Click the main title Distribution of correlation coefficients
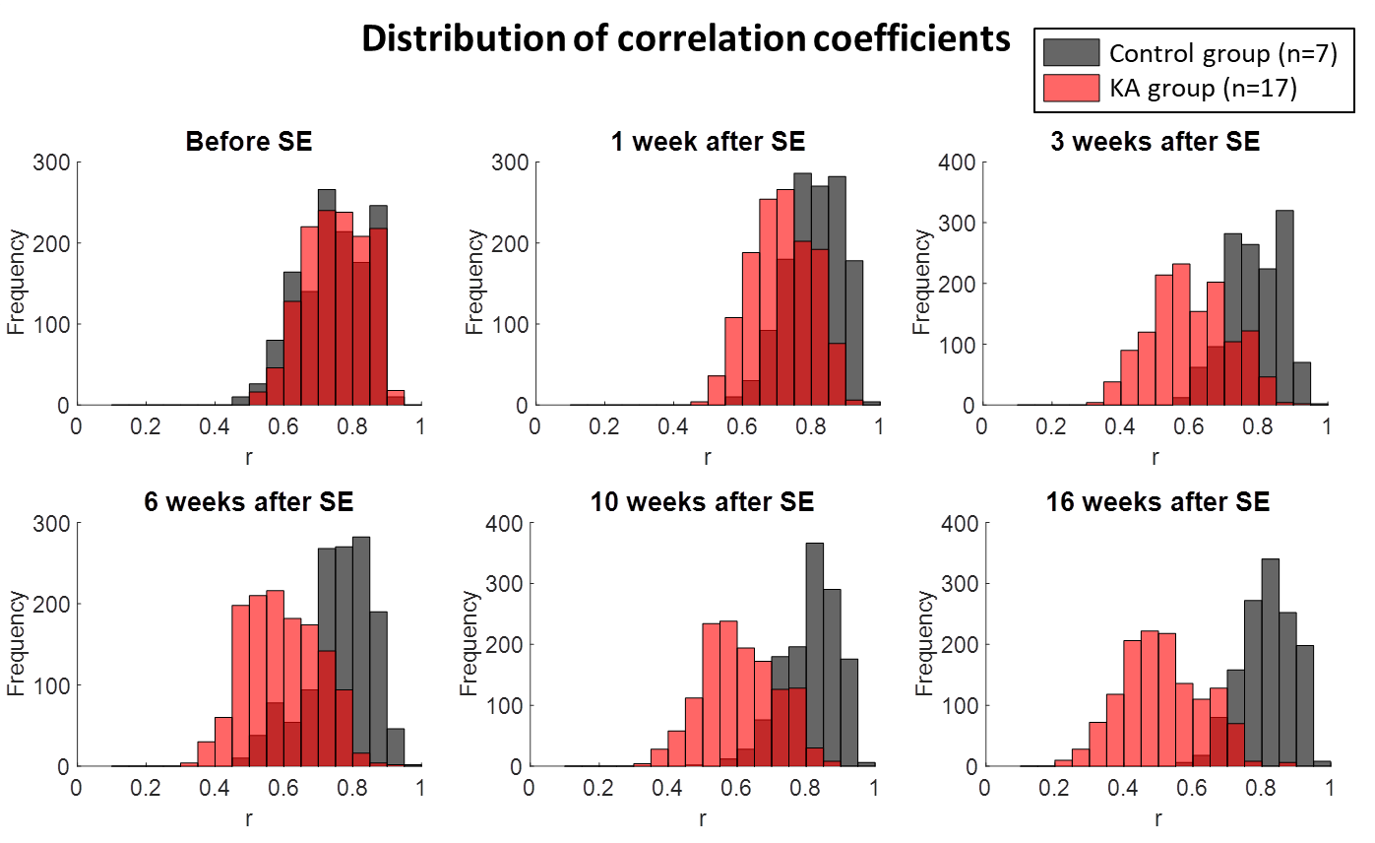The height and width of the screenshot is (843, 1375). click(x=686, y=39)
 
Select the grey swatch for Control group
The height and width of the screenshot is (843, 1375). click(x=1071, y=53)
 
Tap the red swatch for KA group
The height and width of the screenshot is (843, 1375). click(x=1071, y=90)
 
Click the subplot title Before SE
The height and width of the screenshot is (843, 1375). click(x=249, y=142)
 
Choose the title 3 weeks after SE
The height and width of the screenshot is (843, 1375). click(x=1154, y=142)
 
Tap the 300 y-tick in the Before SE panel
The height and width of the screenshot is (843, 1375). click(x=51, y=162)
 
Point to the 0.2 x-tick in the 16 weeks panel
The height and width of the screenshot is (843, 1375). click(x=1054, y=789)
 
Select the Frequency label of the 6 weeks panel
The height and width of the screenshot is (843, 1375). click(x=17, y=644)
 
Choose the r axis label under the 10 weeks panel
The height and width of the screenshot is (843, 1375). click(x=702, y=818)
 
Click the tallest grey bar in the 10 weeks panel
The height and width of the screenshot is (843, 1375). click(x=814, y=654)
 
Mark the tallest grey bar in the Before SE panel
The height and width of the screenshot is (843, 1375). click(x=327, y=296)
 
